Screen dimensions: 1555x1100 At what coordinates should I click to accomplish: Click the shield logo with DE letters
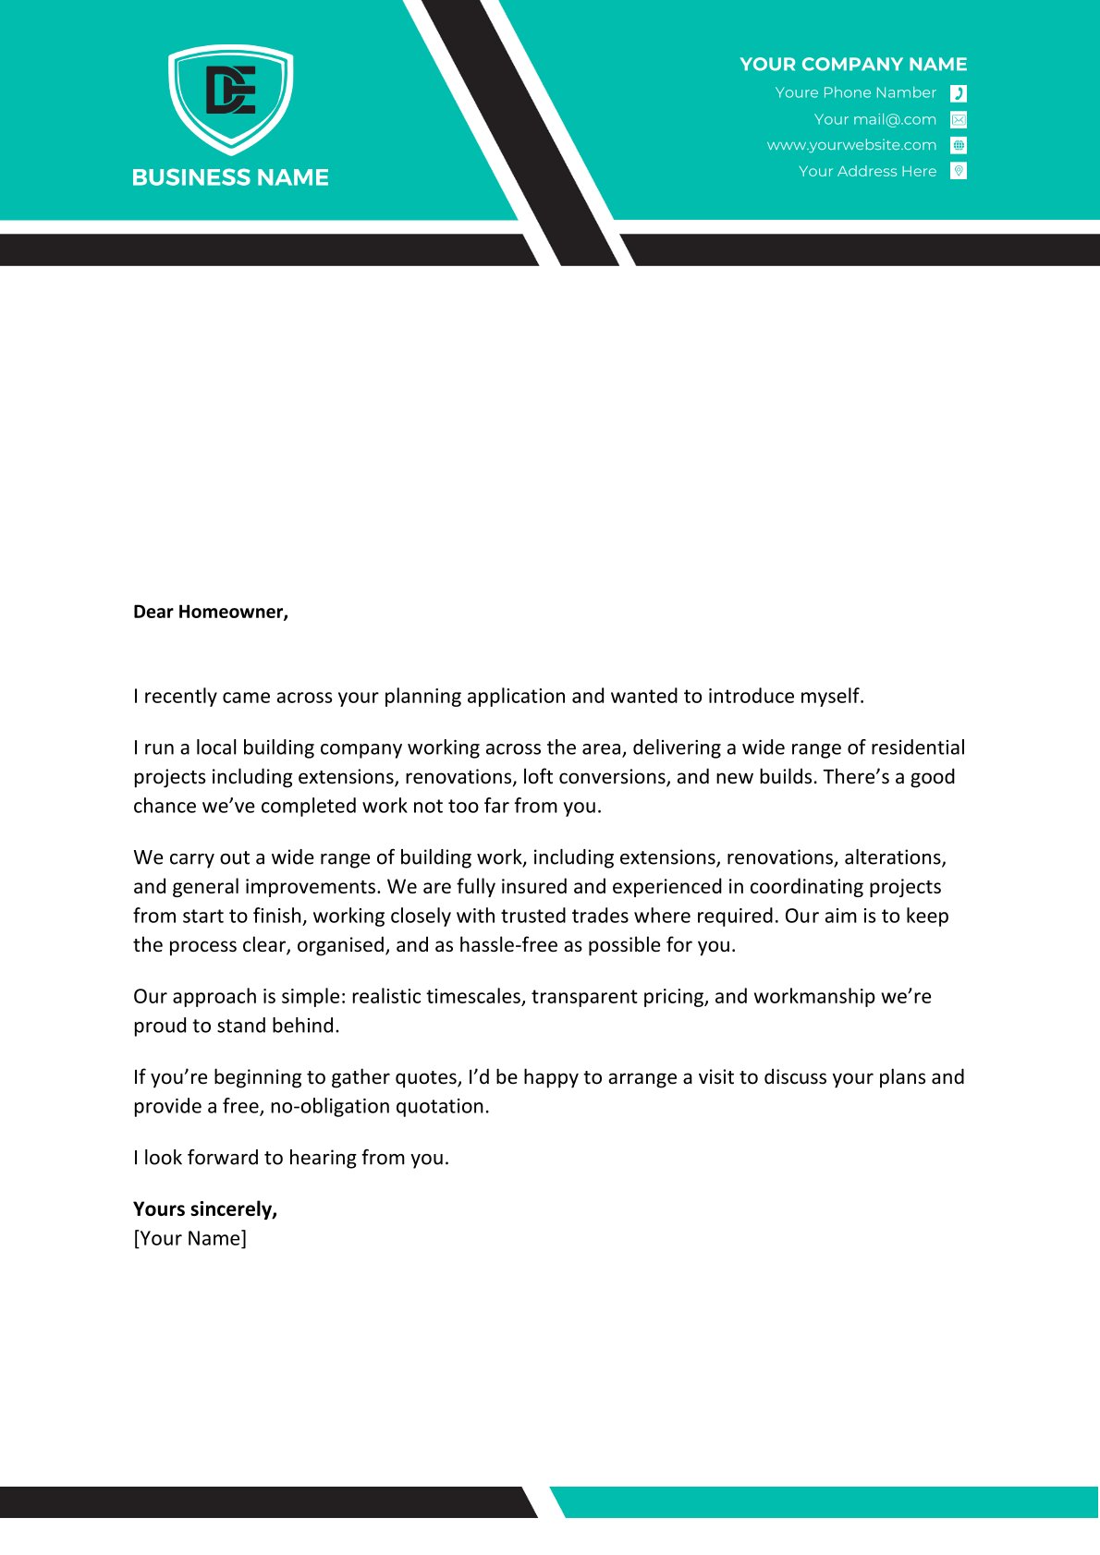230,97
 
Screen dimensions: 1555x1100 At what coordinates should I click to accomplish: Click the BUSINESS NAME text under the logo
230,177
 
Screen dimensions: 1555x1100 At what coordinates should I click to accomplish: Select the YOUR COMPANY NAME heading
852,65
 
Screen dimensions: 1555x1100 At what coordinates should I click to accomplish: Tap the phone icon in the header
959,93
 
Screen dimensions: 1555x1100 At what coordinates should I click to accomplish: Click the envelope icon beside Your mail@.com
959,119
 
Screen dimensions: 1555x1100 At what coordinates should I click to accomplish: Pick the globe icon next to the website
959,145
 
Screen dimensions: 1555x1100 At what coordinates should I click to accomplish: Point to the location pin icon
959,171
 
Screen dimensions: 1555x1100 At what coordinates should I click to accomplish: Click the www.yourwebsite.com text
851,145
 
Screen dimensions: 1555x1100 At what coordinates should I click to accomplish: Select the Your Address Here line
867,171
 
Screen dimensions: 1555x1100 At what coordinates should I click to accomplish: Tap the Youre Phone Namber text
855,92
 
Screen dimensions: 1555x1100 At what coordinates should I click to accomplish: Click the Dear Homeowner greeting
211,612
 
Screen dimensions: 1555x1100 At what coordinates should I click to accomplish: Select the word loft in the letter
538,777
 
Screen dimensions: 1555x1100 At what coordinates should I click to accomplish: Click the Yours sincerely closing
205,1209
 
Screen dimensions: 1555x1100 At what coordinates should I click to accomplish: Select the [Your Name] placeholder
189,1239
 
